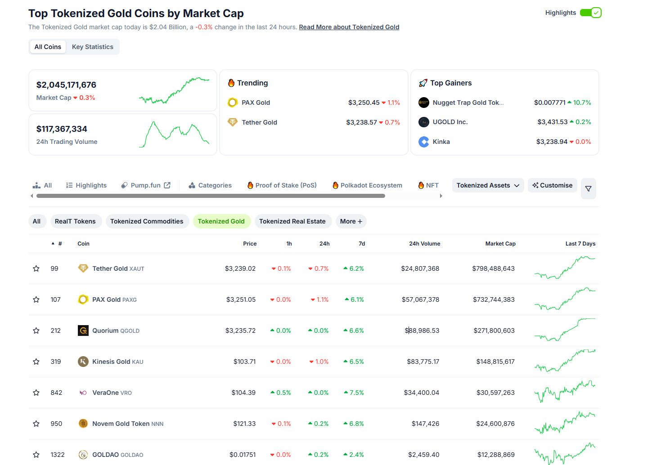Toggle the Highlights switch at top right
590,13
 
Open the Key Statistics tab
93,47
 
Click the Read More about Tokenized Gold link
349,27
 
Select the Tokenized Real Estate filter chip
292,221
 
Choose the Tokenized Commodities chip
147,221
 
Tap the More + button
351,221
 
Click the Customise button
552,185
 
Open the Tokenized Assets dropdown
488,185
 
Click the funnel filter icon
588,188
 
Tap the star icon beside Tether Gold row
36,268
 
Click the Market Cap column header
500,244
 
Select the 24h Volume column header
424,244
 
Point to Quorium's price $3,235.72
240,331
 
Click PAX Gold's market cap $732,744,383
494,300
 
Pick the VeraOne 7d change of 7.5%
354,393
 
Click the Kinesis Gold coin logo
83,362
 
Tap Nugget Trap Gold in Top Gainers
468,103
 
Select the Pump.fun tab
146,185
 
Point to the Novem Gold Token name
121,424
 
